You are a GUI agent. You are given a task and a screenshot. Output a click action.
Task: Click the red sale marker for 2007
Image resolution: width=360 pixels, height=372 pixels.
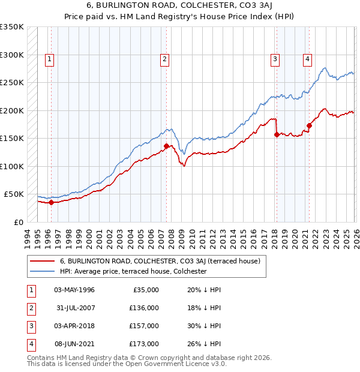click(166, 146)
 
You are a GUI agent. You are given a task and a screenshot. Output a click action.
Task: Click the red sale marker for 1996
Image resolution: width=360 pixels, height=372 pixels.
click(51, 202)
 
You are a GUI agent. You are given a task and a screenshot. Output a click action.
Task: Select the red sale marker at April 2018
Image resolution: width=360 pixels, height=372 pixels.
click(277, 134)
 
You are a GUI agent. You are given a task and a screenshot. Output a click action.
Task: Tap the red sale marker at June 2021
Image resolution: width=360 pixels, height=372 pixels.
click(310, 125)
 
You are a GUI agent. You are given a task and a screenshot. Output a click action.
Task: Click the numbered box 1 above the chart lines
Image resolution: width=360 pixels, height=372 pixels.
click(49, 59)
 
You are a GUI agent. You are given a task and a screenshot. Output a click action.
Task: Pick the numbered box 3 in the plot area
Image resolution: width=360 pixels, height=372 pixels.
click(274, 59)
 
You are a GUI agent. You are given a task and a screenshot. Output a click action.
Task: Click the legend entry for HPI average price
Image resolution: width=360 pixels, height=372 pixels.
click(133, 271)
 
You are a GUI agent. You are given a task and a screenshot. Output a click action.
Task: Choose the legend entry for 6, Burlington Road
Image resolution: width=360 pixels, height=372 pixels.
click(160, 261)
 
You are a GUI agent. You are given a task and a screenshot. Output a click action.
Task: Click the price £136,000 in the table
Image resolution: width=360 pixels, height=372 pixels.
click(144, 307)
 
